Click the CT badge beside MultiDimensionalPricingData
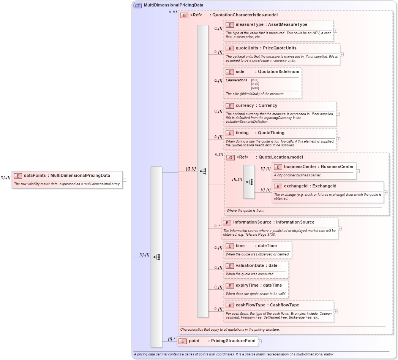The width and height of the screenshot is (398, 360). coord(137,5)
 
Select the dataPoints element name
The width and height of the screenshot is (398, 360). coord(35,176)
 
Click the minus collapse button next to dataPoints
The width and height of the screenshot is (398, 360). coord(124,180)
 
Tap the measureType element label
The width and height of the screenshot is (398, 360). coord(249,25)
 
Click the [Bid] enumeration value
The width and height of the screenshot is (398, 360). coord(255,80)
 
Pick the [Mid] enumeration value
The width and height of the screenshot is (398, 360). coord(255,88)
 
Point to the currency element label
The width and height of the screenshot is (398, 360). coord(245,106)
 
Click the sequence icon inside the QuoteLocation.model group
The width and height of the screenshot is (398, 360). coord(249,182)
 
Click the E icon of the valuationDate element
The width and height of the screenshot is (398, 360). coord(229,266)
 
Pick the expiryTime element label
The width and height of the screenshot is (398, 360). coord(247,285)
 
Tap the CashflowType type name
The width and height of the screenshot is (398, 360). coord(284,305)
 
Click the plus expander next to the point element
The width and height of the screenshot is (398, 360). coord(260,341)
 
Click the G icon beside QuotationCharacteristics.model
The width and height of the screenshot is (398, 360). coord(185,15)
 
